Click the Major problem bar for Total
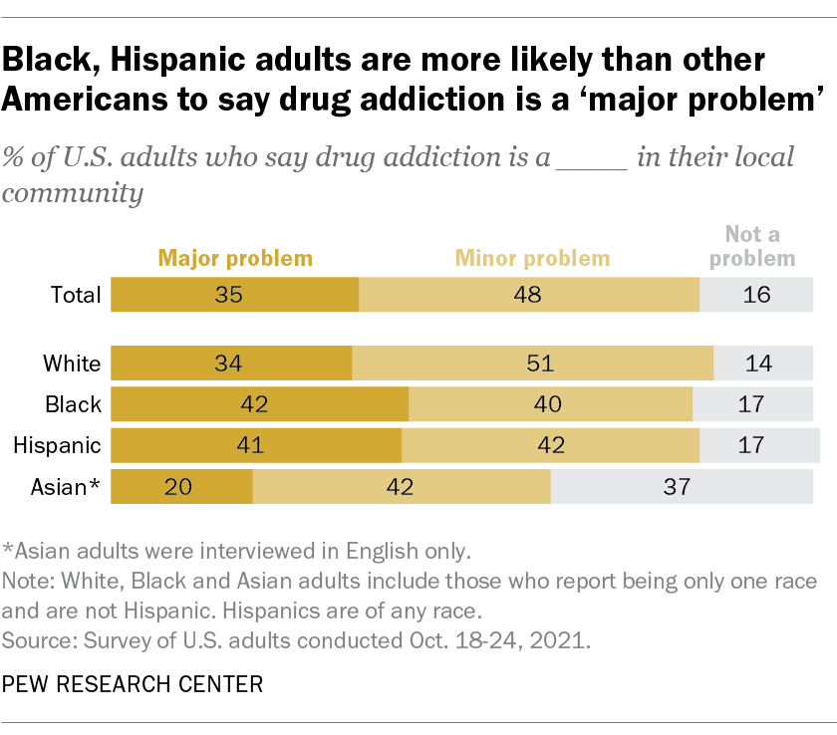click(234, 295)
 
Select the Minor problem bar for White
click(532, 364)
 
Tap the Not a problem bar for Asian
click(685, 487)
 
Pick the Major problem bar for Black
click(259, 404)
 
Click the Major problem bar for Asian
click(181, 487)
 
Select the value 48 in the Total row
click(529, 295)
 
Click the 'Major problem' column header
click(234, 259)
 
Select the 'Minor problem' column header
click(532, 259)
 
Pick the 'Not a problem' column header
click(760, 246)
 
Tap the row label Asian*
click(65, 487)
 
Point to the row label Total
click(76, 295)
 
